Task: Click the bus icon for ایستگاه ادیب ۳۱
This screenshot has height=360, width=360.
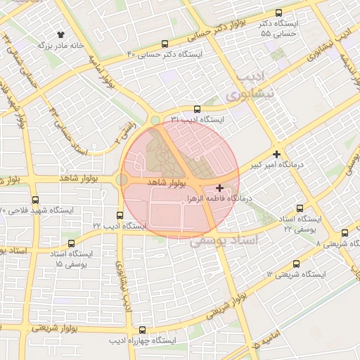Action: point(196,109)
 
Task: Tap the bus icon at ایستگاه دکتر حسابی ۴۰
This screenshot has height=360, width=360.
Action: point(165,43)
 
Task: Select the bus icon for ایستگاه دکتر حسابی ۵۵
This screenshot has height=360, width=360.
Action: point(279,13)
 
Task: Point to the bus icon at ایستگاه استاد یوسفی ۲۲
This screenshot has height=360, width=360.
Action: point(300,208)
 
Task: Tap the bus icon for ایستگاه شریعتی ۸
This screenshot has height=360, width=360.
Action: point(345,233)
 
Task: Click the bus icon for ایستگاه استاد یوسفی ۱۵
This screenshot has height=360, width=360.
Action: point(51,253)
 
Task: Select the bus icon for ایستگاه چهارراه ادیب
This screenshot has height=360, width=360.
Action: point(143,330)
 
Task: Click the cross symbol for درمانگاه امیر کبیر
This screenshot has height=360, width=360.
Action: point(277,154)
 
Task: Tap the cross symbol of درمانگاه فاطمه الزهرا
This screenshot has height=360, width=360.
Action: point(221,188)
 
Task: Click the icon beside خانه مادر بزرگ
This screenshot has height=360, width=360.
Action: point(60,34)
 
